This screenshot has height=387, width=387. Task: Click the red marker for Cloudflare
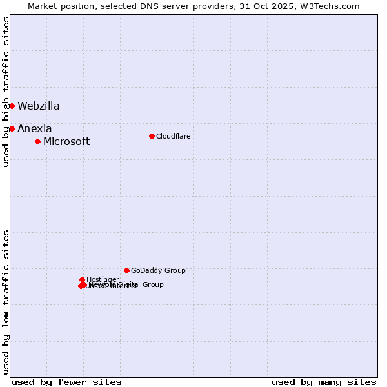152,136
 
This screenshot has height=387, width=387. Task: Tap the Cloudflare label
173,136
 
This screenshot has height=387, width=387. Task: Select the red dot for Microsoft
37,141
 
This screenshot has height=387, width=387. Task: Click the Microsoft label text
66,142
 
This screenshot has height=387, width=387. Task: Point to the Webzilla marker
12,106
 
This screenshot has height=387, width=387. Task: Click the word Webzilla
39,106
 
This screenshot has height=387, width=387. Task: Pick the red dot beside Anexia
12,128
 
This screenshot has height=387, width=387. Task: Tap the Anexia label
35,129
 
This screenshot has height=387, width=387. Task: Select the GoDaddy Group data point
126,270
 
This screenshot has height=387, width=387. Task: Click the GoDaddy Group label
158,271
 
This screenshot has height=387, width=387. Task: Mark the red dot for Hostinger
82,279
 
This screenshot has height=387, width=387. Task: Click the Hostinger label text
103,279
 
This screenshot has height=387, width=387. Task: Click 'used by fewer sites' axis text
66,382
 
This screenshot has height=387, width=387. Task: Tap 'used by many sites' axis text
324,382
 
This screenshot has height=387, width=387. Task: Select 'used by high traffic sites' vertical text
6,92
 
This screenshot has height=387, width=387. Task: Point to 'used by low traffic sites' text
6,302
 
